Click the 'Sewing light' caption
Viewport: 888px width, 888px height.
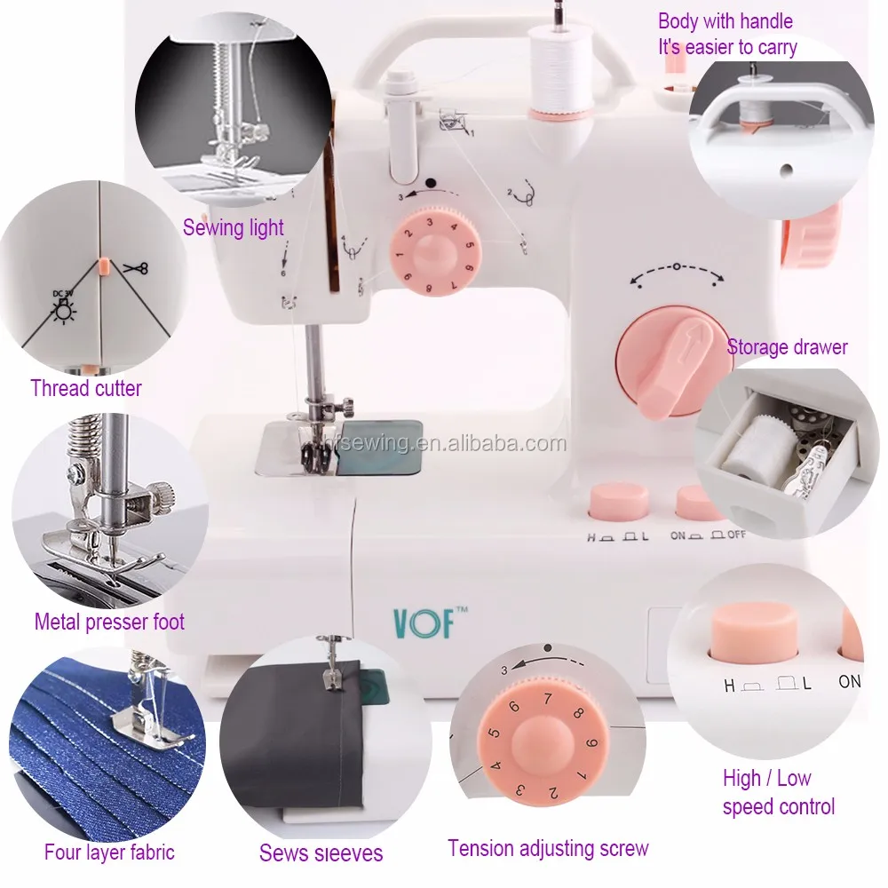click(234, 227)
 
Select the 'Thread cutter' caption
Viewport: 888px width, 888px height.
click(86, 388)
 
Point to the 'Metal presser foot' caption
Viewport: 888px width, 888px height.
click(109, 622)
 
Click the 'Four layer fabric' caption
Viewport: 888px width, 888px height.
click(109, 852)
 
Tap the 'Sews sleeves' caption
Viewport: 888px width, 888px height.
click(321, 853)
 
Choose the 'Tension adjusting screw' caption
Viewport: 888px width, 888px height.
click(548, 848)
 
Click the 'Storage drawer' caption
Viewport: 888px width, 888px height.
click(787, 346)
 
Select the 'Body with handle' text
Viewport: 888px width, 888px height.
click(725, 21)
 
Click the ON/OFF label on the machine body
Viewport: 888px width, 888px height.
click(710, 535)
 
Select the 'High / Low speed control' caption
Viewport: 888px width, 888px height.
click(778, 792)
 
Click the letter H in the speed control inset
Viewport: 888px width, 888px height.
click(729, 685)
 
